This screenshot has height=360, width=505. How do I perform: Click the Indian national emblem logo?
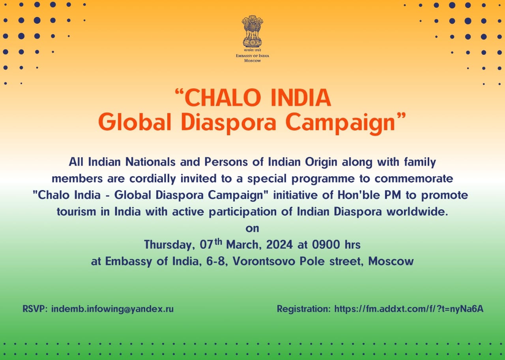point(252,32)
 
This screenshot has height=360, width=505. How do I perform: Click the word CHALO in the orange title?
point(223,97)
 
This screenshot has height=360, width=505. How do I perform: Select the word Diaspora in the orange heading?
point(228,123)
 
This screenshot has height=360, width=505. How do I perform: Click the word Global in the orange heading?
point(135,122)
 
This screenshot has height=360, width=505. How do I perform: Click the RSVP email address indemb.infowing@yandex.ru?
point(112,309)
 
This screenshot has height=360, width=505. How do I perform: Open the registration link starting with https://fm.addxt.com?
point(409,309)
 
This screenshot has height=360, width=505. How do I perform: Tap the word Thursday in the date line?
point(170,245)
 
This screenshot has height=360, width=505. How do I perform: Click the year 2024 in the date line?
point(279,244)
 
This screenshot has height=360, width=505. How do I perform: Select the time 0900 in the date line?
point(326,244)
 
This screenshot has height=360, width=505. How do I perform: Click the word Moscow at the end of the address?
point(391,261)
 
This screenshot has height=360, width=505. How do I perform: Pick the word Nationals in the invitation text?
point(150,162)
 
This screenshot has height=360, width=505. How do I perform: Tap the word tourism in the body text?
point(76,212)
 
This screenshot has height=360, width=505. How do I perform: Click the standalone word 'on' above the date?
point(252,229)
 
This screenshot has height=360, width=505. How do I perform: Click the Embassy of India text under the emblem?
point(252,56)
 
